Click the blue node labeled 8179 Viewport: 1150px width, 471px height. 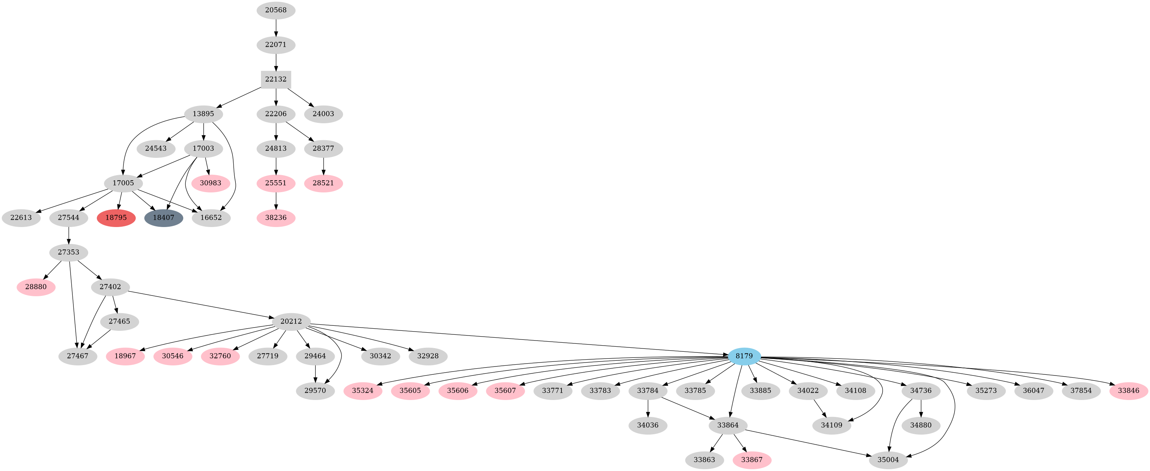point(744,356)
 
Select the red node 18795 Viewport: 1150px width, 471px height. point(116,218)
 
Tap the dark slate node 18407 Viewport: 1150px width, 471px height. point(163,218)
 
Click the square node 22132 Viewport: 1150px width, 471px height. point(276,79)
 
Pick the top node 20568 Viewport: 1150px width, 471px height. point(276,10)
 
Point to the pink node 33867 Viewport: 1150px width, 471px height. point(752,460)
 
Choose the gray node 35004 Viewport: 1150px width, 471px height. point(888,460)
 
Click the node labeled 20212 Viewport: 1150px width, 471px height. point(291,321)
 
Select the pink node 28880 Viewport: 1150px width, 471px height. point(36,287)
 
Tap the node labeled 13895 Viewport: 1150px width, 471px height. point(204,114)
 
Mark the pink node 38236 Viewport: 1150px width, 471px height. point(276,218)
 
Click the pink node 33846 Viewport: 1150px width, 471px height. point(1128,391)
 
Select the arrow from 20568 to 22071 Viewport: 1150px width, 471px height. point(276,27)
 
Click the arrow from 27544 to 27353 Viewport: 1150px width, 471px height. point(68,235)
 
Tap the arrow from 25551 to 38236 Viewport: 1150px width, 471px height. point(276,200)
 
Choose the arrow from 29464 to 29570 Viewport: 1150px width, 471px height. point(316,373)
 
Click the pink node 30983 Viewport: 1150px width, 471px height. point(211,183)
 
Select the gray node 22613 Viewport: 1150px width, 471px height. point(21,218)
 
